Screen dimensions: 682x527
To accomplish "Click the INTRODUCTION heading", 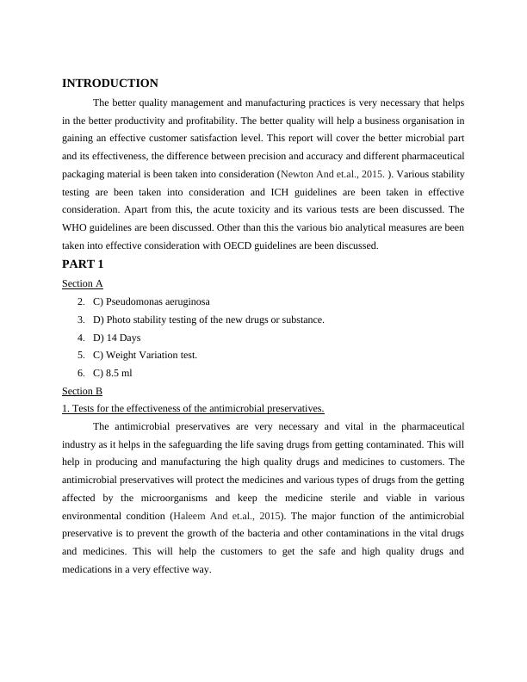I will pos(110,84).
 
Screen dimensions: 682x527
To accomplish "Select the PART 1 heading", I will pos(83,264).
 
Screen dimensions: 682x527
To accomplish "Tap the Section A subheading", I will pos(83,283).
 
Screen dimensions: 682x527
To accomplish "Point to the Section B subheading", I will pos(83,391).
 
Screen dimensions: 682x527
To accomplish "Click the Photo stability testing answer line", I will pos(208,319).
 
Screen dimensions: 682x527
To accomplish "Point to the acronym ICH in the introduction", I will pos(282,192).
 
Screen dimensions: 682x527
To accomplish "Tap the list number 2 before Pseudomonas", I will pos(80,301).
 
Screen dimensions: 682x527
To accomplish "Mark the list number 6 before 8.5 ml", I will pos(80,373).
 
